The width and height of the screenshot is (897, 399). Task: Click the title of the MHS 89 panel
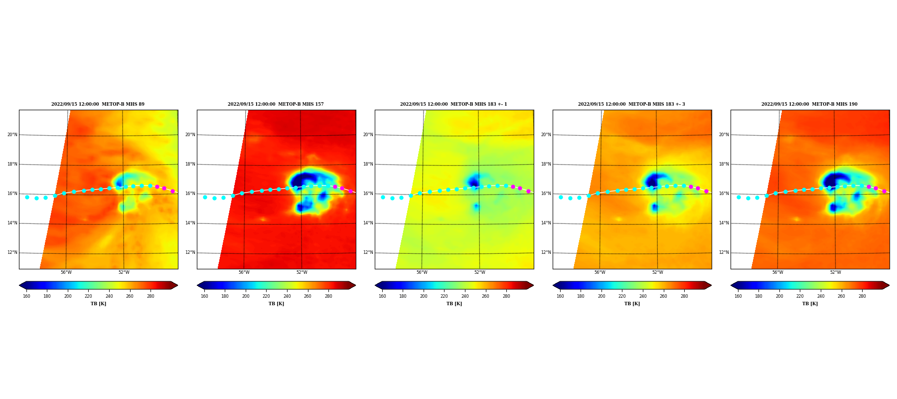click(98, 104)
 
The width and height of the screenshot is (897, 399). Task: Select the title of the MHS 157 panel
click(276, 104)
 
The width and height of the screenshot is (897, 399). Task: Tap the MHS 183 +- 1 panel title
click(453, 104)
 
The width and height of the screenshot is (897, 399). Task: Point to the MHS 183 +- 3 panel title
click(631, 104)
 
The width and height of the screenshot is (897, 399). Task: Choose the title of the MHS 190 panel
click(809, 104)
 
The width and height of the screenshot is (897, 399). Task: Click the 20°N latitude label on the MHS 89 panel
click(12, 135)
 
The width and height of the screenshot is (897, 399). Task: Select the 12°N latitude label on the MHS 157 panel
click(190, 252)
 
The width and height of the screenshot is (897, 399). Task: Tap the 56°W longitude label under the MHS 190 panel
click(777, 272)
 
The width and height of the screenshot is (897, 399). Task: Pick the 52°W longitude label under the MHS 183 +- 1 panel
click(479, 272)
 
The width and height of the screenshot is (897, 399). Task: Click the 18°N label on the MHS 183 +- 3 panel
click(546, 164)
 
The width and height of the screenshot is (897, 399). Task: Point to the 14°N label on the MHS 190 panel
click(724, 223)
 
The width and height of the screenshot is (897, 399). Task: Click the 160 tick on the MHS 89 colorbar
click(26, 296)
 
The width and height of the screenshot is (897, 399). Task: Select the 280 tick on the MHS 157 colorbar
click(328, 296)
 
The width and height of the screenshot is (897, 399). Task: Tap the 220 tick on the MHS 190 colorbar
click(800, 296)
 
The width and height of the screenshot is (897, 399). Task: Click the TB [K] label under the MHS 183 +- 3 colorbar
click(632, 304)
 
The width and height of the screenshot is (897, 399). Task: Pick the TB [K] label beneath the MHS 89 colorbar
click(98, 304)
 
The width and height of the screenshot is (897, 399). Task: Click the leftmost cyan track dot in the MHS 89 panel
click(27, 197)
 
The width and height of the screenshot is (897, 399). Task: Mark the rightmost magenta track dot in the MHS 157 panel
click(351, 191)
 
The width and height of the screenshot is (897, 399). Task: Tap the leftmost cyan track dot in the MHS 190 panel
click(739, 197)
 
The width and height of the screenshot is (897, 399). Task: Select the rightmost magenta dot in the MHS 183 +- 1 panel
click(529, 191)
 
